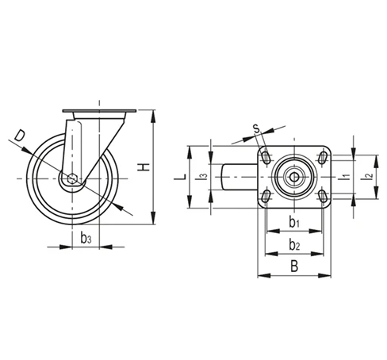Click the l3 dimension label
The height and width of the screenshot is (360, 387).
pos(204,176)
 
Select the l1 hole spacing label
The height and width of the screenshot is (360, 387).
pos(343,175)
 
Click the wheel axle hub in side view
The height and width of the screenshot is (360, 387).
pos(72,179)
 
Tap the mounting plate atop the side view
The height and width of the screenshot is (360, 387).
pos(98,110)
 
